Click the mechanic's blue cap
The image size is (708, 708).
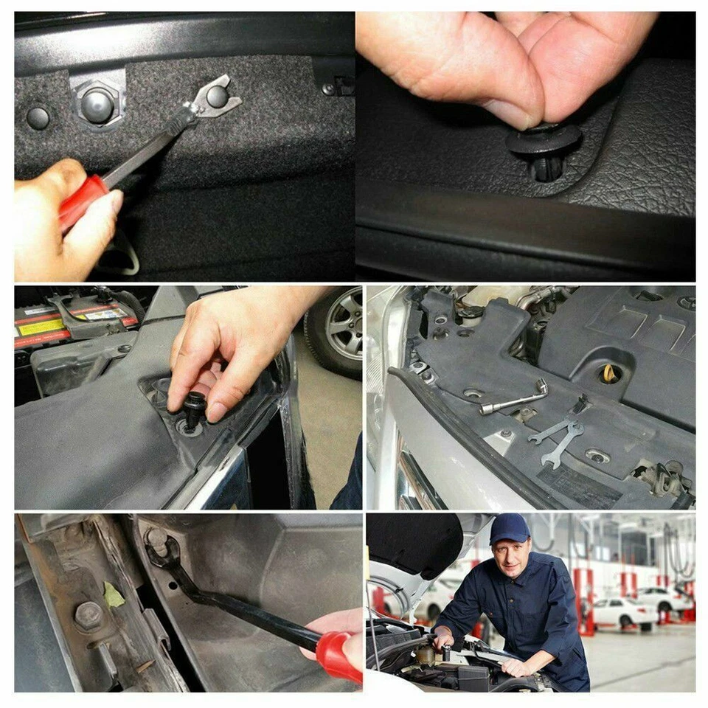pyautogui.click(x=509, y=528)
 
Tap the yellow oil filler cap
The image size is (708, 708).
pyautogui.click(x=610, y=373)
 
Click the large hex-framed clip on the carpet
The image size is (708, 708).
pyautogui.click(x=97, y=103)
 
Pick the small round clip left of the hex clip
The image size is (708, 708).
pyautogui.click(x=38, y=117)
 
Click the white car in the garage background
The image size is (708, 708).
pyautogui.click(x=620, y=611)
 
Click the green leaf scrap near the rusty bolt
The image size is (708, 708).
pyautogui.click(x=114, y=594)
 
